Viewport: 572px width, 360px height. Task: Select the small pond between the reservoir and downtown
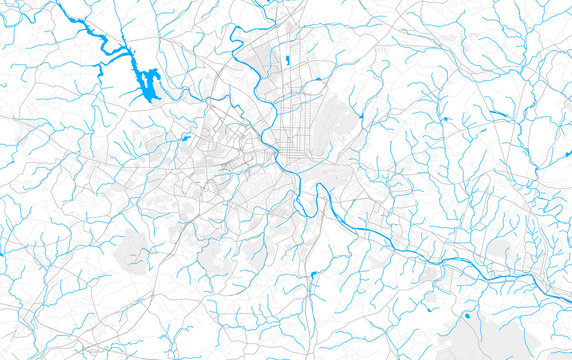click(186, 138)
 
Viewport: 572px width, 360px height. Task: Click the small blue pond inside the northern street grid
click(286, 61)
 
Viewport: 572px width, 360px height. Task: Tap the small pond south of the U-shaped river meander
click(313, 273)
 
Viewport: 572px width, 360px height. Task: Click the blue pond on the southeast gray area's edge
click(466, 316)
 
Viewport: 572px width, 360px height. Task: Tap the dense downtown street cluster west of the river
click(245, 150)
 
